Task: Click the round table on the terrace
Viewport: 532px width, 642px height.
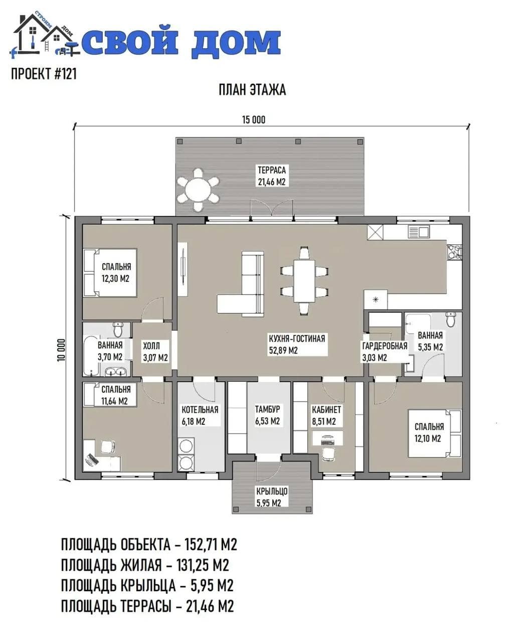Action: [x=198, y=190]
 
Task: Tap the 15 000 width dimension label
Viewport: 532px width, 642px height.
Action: [x=254, y=120]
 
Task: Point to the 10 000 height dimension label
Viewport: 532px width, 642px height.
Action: [x=62, y=350]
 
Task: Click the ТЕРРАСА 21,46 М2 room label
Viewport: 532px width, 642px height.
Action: [x=272, y=176]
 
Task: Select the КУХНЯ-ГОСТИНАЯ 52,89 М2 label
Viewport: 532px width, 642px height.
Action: [x=297, y=345]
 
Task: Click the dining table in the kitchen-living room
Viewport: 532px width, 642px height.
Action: [x=304, y=281]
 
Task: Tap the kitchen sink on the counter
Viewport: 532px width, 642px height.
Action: [x=419, y=232]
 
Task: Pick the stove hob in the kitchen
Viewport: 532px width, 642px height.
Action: [x=454, y=252]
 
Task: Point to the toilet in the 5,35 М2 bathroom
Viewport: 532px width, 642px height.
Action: [x=451, y=319]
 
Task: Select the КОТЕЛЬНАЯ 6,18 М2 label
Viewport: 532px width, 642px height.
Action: [x=200, y=415]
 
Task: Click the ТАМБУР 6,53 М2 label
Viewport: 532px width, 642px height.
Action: [x=267, y=415]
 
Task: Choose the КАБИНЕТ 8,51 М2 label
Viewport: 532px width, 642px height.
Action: [x=326, y=415]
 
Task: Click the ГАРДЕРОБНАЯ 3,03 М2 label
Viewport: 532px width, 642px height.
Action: [x=385, y=352]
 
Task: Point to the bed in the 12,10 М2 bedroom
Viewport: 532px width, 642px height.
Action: [x=435, y=433]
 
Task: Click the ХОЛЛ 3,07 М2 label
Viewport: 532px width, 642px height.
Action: [x=155, y=352]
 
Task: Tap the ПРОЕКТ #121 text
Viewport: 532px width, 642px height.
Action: [x=44, y=74]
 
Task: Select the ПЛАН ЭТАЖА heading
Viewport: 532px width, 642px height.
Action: [x=252, y=90]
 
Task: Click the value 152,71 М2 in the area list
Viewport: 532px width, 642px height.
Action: [x=211, y=545]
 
